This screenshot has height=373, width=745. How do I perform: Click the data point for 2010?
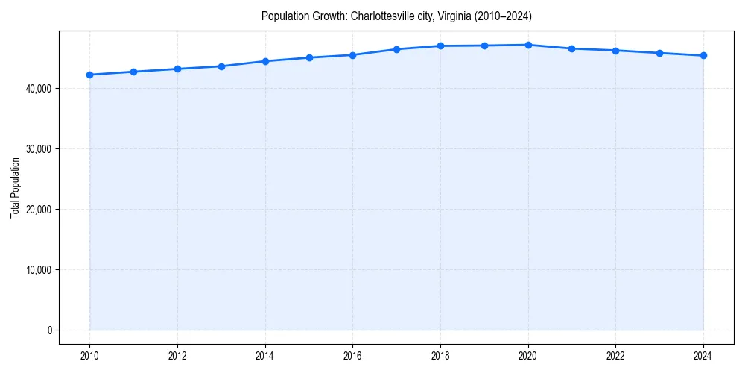(x=89, y=75)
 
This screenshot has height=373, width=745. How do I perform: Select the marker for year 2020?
(x=528, y=45)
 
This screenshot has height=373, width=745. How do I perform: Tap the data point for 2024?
(x=703, y=55)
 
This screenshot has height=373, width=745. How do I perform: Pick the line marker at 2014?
(x=265, y=61)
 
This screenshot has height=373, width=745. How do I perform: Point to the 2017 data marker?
(x=396, y=49)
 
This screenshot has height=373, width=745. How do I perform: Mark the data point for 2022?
(x=615, y=51)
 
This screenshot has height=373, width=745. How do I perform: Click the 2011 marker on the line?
(x=133, y=72)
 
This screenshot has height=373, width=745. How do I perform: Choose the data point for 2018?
(x=440, y=46)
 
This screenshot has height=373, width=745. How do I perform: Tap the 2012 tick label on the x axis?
(x=177, y=355)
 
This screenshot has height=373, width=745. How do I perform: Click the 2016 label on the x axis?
(x=352, y=355)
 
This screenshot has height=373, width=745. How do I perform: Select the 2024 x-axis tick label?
(x=703, y=355)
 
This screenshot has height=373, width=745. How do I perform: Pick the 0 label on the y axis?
(x=49, y=330)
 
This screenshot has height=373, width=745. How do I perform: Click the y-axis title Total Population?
(x=15, y=187)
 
